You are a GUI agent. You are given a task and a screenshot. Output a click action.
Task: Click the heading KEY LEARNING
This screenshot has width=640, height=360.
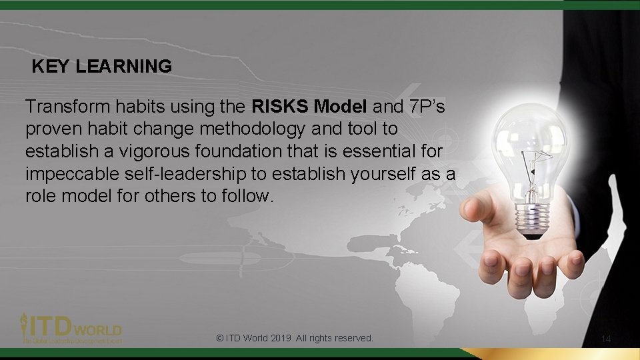coord(102,67)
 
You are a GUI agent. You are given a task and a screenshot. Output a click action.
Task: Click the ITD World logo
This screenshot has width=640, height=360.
coord(71,328)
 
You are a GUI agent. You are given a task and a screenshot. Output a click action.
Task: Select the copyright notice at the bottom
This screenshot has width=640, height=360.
coord(295,338)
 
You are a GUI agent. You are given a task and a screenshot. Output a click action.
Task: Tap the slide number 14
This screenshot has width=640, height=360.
coord(606,339)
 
